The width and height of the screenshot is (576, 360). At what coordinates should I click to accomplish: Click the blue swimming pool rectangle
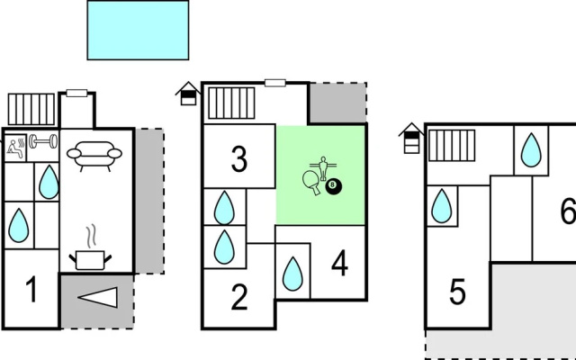pyautogui.click(x=138, y=30)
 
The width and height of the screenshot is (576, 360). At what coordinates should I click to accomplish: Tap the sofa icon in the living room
pyautogui.click(x=94, y=156)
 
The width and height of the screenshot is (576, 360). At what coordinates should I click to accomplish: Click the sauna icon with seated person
pyautogui.click(x=15, y=148)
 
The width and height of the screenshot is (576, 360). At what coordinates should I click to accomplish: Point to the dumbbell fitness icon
pyautogui.click(x=43, y=141)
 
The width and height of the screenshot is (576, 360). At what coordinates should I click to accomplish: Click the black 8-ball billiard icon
pyautogui.click(x=334, y=185)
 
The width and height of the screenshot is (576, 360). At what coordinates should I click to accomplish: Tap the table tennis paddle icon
pyautogui.click(x=312, y=182)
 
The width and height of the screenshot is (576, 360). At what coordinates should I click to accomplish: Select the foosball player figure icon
pyautogui.click(x=323, y=168)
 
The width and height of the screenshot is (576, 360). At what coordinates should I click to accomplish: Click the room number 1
pyautogui.click(x=32, y=290)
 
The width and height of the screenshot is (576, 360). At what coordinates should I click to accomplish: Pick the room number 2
pyautogui.click(x=239, y=297)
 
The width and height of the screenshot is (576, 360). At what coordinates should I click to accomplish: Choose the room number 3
pyautogui.click(x=239, y=159)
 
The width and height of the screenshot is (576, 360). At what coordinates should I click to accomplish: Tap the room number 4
pyautogui.click(x=339, y=263)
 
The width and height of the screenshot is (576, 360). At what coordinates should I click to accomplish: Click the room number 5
pyautogui.click(x=458, y=292)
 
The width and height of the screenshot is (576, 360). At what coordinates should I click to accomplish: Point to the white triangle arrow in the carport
pyautogui.click(x=98, y=297)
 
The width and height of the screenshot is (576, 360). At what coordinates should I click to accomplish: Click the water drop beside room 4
pyautogui.click(x=292, y=274)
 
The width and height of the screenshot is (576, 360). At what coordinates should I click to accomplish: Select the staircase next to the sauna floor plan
pyautogui.click(x=31, y=109)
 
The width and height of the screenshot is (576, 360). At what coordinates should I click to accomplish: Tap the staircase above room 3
pyautogui.click(x=231, y=103)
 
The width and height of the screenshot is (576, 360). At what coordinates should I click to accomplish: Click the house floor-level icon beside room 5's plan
pyautogui.click(x=411, y=138)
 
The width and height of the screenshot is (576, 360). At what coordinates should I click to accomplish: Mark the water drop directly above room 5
pyautogui.click(x=441, y=206)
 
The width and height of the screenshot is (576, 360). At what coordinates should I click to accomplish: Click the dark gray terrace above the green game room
pyautogui.click(x=338, y=103)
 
